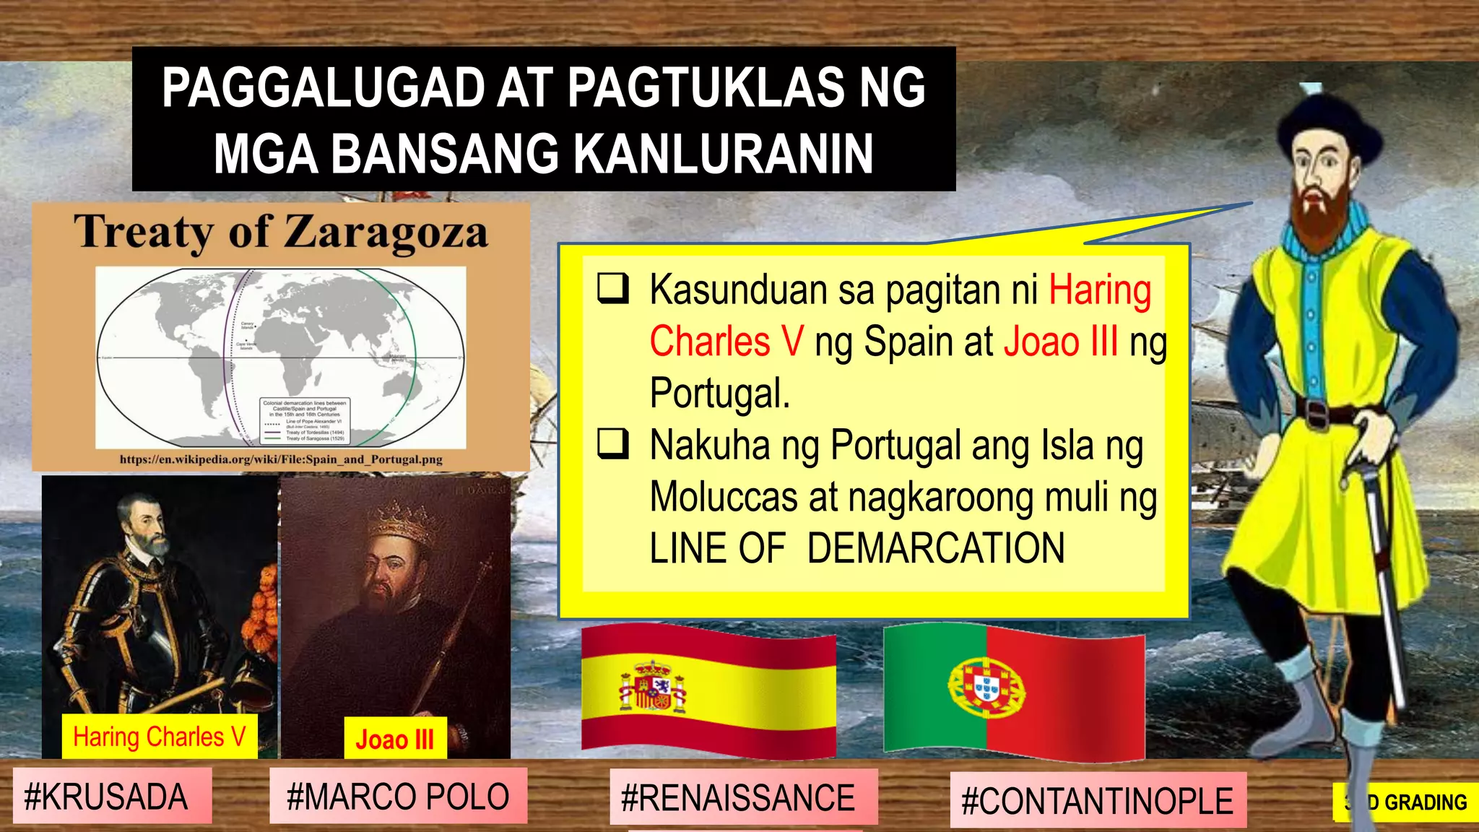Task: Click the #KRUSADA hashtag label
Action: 106,797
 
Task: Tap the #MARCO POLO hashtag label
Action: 398,797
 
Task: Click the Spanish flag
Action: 708,690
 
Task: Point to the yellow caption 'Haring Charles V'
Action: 160,737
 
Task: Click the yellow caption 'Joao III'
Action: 395,740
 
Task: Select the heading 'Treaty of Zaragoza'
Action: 281,233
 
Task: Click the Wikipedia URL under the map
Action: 281,459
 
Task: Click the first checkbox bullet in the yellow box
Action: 612,289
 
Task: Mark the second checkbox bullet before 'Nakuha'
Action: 612,443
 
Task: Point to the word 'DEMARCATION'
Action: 936,548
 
